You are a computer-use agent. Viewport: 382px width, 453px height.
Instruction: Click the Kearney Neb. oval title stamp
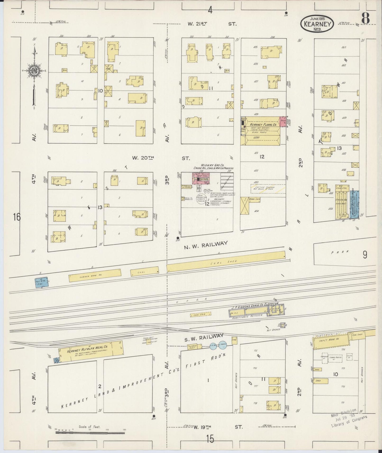pos(317,24)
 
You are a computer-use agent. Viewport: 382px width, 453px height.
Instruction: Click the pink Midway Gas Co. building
pos(201,179)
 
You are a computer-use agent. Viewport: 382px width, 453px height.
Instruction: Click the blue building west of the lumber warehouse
pos(42,282)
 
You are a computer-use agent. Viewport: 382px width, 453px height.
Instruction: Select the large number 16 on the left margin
pos(17,217)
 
